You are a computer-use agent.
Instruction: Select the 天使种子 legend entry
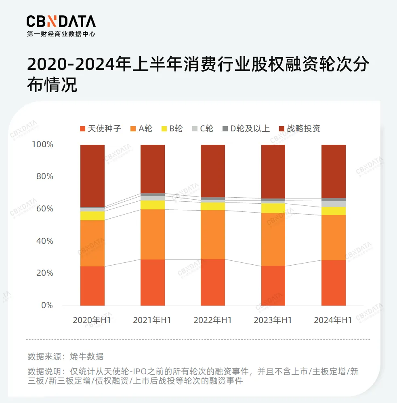[x=101, y=129]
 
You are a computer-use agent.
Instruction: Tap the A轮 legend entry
[x=141, y=129]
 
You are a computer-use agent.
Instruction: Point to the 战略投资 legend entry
[x=299, y=129]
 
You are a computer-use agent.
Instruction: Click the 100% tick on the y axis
[x=42, y=144]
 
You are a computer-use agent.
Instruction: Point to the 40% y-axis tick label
[x=44, y=241]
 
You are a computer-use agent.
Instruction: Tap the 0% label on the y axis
[x=47, y=305]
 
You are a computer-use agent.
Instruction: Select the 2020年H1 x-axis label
[x=92, y=320]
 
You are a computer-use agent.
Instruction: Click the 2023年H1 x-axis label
[x=273, y=320]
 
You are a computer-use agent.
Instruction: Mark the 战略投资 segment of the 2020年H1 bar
[x=92, y=175]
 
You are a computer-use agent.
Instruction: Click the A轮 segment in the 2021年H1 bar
[x=153, y=234]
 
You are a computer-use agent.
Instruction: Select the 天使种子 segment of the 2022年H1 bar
[x=213, y=282]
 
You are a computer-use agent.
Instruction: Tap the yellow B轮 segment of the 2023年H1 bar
[x=273, y=208]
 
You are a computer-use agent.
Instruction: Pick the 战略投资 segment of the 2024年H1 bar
[x=333, y=171]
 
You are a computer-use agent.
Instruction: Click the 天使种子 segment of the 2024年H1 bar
[x=333, y=283]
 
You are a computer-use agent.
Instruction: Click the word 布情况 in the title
[x=52, y=84]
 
